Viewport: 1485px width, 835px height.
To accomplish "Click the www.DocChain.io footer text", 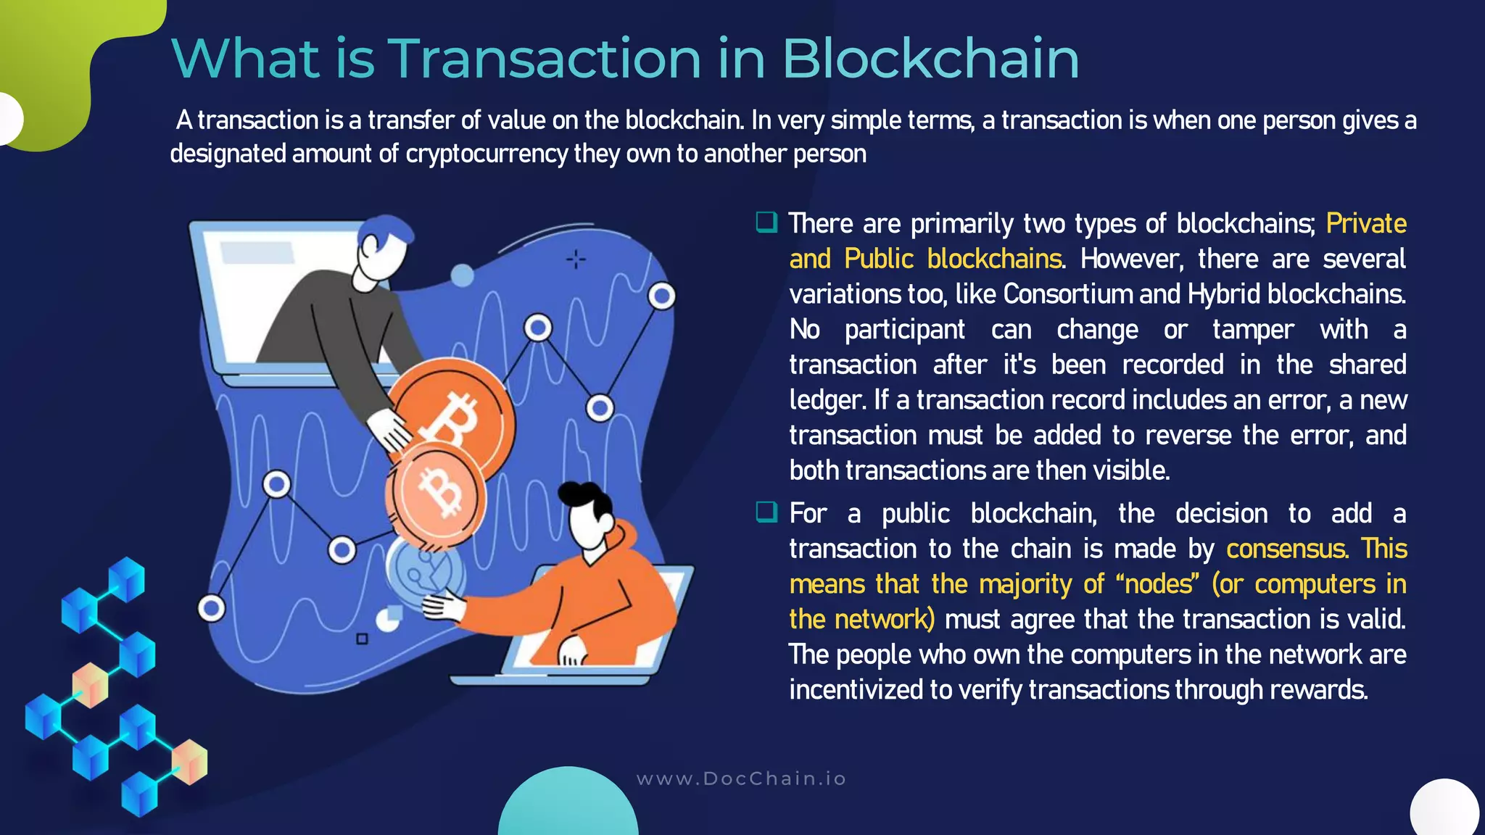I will coord(741,778).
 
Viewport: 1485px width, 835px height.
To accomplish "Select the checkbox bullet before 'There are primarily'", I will coord(766,222).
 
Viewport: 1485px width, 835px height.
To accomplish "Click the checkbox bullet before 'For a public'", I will coord(766,512).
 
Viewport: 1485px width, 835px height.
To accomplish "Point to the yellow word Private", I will coord(1366,223).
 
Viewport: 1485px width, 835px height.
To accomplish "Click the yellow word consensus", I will coord(1287,549).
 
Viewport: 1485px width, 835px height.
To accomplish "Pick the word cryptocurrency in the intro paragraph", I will coord(487,154).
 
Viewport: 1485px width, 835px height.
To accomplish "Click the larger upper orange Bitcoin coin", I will coord(453,419).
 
